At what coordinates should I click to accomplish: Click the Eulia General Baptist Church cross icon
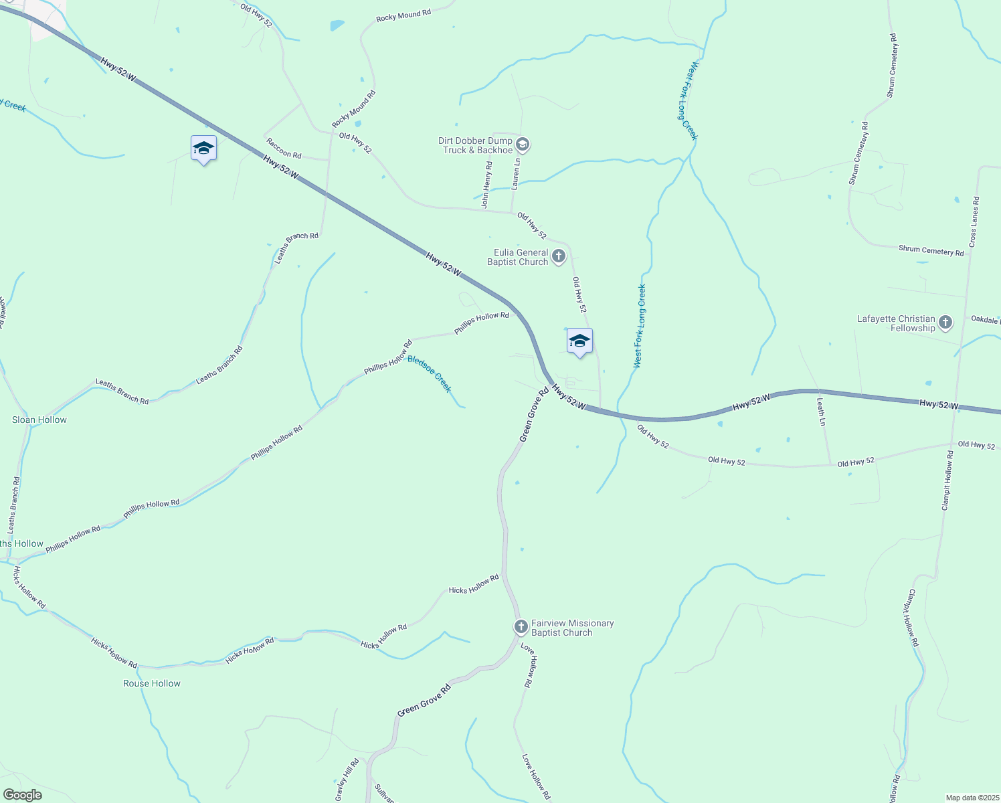559,256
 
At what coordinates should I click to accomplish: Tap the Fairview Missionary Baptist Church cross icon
521,627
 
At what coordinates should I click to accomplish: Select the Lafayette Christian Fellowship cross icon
945,323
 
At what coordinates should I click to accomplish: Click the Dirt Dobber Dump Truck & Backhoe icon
523,145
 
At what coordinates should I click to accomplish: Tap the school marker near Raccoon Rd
203,149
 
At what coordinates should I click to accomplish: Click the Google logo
22,795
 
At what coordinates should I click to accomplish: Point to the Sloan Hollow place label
39,420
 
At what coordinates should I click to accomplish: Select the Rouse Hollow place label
152,683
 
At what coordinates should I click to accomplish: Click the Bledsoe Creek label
430,374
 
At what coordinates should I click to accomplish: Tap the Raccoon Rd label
284,149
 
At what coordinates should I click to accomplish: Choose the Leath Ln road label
821,412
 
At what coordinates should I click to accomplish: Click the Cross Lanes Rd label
974,222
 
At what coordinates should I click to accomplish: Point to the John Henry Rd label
488,184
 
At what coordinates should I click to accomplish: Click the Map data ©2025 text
972,798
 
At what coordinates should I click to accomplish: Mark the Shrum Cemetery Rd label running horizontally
931,250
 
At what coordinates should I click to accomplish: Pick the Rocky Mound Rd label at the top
403,15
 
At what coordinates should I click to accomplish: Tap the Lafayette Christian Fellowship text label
896,323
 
